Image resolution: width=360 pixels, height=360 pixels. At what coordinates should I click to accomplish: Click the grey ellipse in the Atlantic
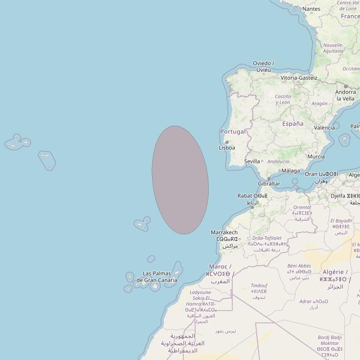(180, 180)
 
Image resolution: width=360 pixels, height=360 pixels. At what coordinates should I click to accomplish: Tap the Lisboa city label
(227, 148)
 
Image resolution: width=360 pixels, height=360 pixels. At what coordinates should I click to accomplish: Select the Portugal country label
(233, 132)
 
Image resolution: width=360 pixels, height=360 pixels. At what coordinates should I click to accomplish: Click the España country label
(292, 124)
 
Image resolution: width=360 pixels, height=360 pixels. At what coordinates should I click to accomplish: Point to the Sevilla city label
(252, 161)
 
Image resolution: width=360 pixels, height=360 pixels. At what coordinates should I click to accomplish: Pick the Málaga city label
(291, 171)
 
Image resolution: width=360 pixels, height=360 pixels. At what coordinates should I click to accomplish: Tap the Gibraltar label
(269, 184)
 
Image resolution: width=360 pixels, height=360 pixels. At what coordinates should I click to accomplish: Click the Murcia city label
(315, 157)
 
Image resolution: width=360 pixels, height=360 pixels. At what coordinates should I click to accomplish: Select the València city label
(324, 128)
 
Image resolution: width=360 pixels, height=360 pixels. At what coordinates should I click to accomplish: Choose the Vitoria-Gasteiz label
(299, 78)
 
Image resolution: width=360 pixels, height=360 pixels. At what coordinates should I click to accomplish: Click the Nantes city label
(312, 9)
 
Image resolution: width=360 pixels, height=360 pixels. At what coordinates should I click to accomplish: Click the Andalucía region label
(278, 161)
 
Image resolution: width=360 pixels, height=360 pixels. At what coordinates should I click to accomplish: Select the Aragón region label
(319, 104)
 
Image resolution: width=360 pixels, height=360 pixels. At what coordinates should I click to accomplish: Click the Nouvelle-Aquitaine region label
(334, 47)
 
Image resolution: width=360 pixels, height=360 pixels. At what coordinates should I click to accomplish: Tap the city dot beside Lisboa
(227, 142)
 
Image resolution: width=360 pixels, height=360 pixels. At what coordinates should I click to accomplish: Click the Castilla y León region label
(283, 99)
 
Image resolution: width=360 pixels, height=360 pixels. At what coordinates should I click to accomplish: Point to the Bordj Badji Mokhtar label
(330, 340)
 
